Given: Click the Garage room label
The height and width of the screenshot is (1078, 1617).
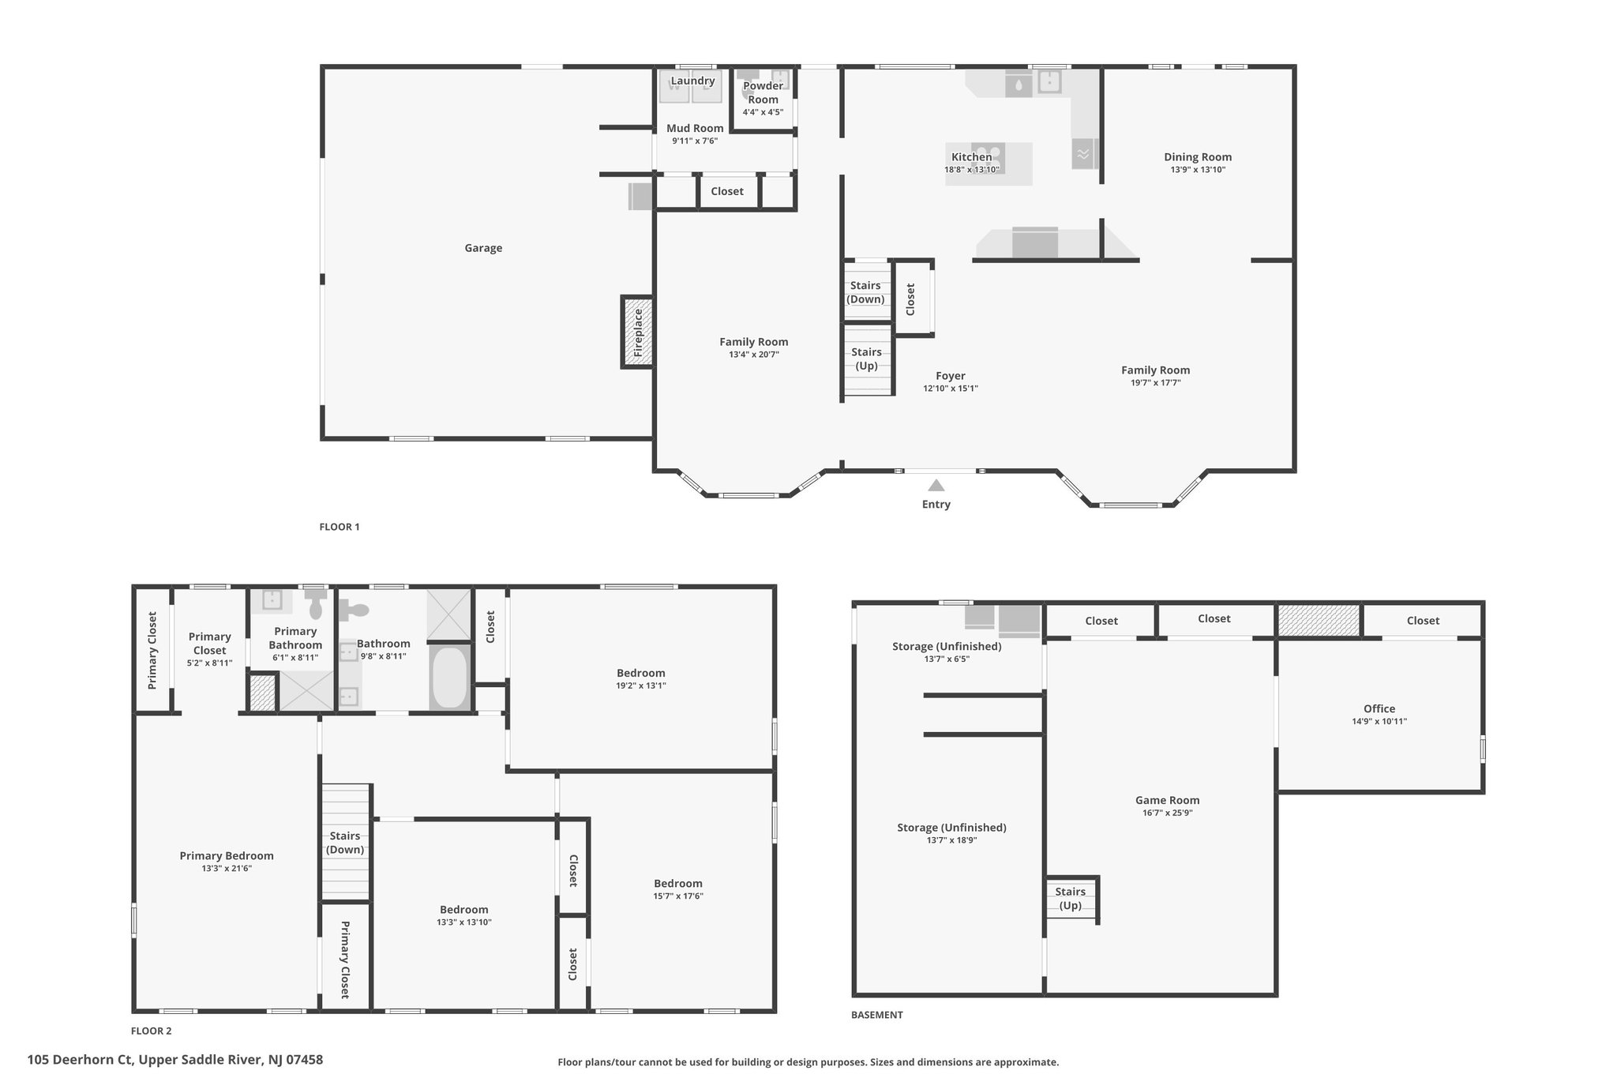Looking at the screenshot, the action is [483, 248].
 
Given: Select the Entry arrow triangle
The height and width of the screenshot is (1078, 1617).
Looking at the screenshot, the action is [936, 485].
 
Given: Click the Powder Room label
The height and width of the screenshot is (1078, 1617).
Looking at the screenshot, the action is [763, 92].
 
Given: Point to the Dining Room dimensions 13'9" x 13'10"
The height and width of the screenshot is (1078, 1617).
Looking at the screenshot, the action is [1198, 170].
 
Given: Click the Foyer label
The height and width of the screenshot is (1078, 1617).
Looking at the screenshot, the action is [951, 376].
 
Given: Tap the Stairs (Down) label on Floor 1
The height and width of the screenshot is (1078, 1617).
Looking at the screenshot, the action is [865, 292].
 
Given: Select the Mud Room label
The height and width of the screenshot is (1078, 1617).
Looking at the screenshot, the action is [695, 128].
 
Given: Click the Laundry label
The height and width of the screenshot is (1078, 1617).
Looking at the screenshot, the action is [692, 81].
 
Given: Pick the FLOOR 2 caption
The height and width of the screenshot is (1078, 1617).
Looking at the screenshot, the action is [151, 1031].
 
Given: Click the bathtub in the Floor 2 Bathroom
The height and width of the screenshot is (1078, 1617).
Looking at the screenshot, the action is [450, 677].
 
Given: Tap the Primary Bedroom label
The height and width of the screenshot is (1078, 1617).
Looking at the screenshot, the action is [227, 855].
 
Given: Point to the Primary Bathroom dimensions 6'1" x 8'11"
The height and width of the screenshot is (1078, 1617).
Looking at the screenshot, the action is [295, 658].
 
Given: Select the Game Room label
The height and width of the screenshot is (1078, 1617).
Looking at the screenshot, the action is [1167, 800].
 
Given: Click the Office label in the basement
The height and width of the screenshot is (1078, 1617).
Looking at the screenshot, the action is [1379, 708].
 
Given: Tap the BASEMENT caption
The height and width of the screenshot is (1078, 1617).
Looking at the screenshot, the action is [876, 1015].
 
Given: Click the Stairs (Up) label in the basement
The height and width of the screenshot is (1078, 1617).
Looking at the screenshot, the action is [1070, 898].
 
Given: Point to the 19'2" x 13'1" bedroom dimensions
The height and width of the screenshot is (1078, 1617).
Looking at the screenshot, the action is [641, 685].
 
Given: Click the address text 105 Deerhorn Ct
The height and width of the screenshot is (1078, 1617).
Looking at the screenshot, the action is [80, 1060].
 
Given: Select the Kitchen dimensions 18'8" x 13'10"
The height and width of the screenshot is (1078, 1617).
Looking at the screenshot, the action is [972, 170].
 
